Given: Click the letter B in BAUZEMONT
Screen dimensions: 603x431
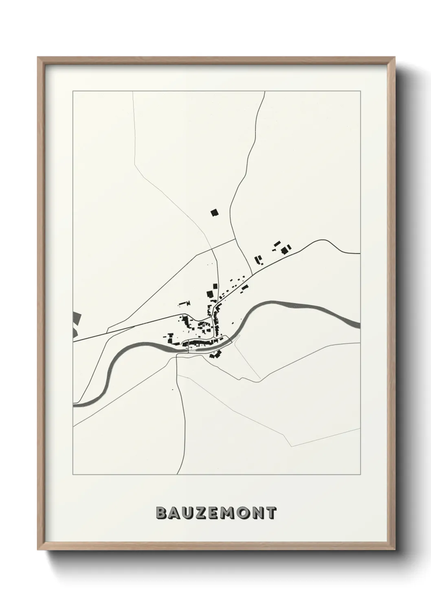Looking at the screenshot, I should pos(161,513).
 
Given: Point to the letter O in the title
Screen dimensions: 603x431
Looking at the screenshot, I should pos(241,513).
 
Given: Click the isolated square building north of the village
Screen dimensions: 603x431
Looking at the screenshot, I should pos(214,212).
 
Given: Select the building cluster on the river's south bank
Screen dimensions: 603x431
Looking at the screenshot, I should pos(215,354).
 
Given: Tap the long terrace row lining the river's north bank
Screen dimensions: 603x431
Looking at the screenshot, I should pos(200,343).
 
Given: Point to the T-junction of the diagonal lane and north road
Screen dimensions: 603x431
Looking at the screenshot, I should pos(235,239).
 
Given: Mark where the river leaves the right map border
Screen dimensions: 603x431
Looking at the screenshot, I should pos(360,325).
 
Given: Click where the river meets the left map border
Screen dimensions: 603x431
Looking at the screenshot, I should pos(73,405).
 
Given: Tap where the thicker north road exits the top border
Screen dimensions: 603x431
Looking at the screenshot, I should pos(265,92).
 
